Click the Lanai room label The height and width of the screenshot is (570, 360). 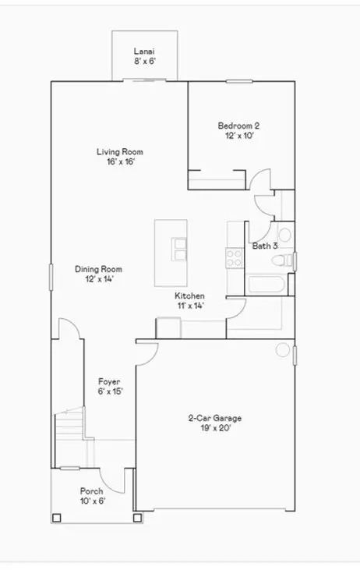tap(144, 51)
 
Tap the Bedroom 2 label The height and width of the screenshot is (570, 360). tap(238, 126)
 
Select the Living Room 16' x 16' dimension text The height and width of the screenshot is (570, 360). tap(121, 161)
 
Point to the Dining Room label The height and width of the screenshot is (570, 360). tap(98, 269)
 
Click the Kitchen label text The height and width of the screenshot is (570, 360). tap(189, 296)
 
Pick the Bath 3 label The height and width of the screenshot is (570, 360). tap(265, 246)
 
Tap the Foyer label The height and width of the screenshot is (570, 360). tap(109, 382)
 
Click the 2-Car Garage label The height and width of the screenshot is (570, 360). tap(215, 418)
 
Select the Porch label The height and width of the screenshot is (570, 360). tap(91, 491)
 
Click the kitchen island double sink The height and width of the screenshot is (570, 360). tap(179, 250)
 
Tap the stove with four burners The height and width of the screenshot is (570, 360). tap(235, 258)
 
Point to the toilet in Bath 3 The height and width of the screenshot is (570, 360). tap(282, 260)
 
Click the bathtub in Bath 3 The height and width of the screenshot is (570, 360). tap(264, 285)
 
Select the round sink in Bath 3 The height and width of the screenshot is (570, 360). tap(284, 235)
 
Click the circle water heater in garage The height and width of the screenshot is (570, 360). tap(283, 349)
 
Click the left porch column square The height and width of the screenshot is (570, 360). tap(56, 518)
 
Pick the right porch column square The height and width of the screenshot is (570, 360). tap(137, 518)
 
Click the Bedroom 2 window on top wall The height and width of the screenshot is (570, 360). tap(239, 81)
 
